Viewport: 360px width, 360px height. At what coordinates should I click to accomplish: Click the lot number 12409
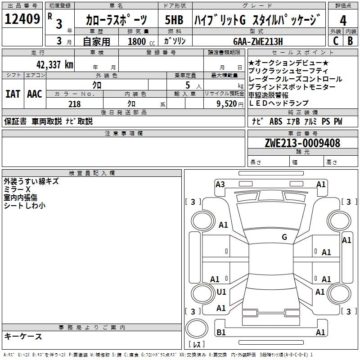[x=22, y=20]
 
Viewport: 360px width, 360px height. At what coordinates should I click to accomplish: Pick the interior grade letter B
[x=351, y=40]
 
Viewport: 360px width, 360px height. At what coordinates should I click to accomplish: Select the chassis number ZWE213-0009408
[x=302, y=143]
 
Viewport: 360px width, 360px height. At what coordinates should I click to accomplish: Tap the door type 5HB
[x=174, y=20]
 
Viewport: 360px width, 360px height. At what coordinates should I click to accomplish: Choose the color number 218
[x=74, y=104]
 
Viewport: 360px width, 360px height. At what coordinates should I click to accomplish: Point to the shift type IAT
[x=13, y=94]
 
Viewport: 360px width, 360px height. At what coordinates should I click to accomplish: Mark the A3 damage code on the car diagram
[x=220, y=184]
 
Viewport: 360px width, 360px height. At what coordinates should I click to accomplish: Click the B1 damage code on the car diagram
[x=221, y=333]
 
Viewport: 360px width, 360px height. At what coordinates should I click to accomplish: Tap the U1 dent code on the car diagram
[x=221, y=292]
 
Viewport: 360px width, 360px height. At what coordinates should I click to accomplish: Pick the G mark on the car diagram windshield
[x=284, y=237]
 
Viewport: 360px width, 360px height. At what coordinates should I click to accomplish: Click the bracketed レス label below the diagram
[x=197, y=345]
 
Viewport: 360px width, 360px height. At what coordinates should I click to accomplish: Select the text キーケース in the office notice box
[x=23, y=337]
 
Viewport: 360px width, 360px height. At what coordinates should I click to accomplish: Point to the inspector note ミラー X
[x=17, y=189]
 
